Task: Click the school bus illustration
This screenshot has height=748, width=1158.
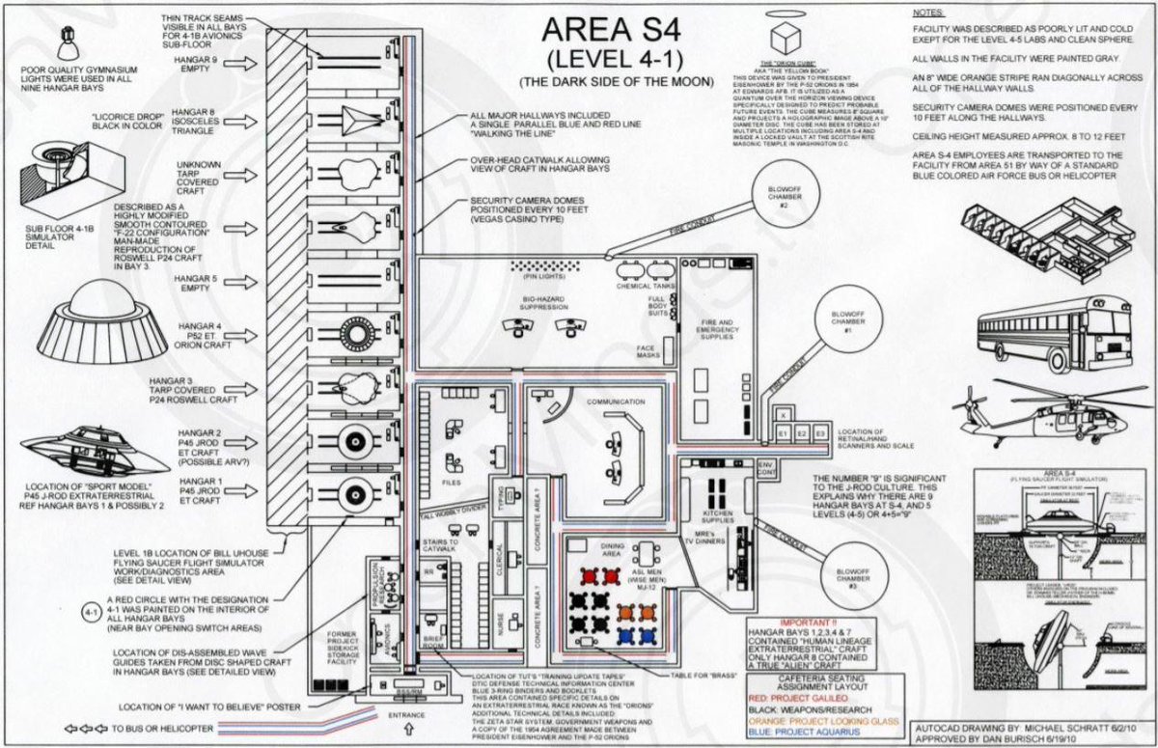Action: coord(1054,333)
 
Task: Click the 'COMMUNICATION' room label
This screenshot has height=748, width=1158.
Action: coord(615,401)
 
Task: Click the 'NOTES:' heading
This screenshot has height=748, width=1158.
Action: coord(929,14)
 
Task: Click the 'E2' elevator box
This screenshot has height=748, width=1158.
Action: coord(800,434)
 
